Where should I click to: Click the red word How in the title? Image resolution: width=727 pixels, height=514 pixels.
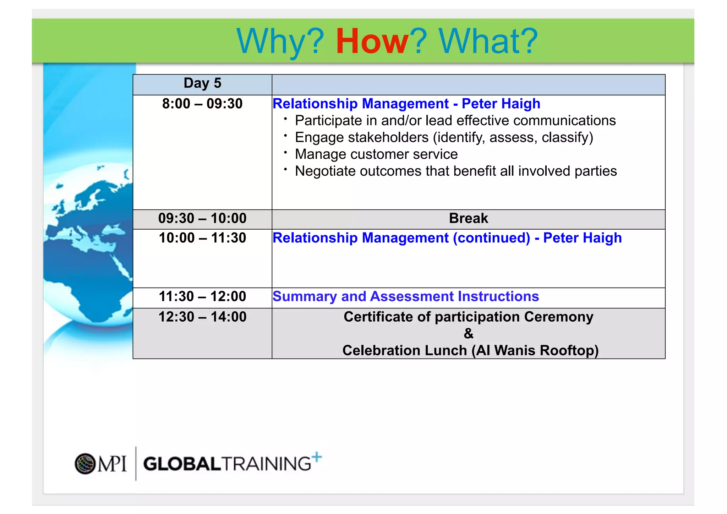click(x=372, y=42)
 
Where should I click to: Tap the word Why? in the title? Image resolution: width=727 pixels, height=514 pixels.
click(x=280, y=42)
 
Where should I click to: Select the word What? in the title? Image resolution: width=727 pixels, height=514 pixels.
click(x=488, y=42)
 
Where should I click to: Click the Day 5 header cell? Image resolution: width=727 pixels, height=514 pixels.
click(x=202, y=83)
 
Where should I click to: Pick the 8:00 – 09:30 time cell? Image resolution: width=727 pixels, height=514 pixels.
click(x=202, y=104)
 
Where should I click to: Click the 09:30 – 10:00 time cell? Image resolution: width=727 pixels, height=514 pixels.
click(x=202, y=218)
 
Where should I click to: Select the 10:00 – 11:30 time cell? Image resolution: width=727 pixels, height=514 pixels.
click(x=202, y=238)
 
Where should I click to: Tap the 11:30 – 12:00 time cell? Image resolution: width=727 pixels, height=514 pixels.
click(x=202, y=296)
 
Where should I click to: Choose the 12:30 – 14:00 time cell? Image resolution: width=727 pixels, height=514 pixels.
click(x=202, y=317)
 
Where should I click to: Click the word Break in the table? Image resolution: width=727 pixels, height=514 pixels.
click(x=468, y=218)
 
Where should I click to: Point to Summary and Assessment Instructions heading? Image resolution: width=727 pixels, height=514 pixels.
click(x=406, y=296)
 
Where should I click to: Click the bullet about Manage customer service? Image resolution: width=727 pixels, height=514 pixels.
click(x=376, y=154)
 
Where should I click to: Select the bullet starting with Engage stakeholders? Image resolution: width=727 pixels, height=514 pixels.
click(x=444, y=138)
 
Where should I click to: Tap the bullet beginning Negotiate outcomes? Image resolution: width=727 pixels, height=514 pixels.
click(x=455, y=171)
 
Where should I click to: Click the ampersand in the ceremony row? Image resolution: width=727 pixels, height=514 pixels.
click(x=469, y=334)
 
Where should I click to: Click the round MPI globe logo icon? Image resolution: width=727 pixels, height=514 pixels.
click(x=85, y=464)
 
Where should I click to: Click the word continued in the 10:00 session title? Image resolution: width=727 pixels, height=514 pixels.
click(x=492, y=238)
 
